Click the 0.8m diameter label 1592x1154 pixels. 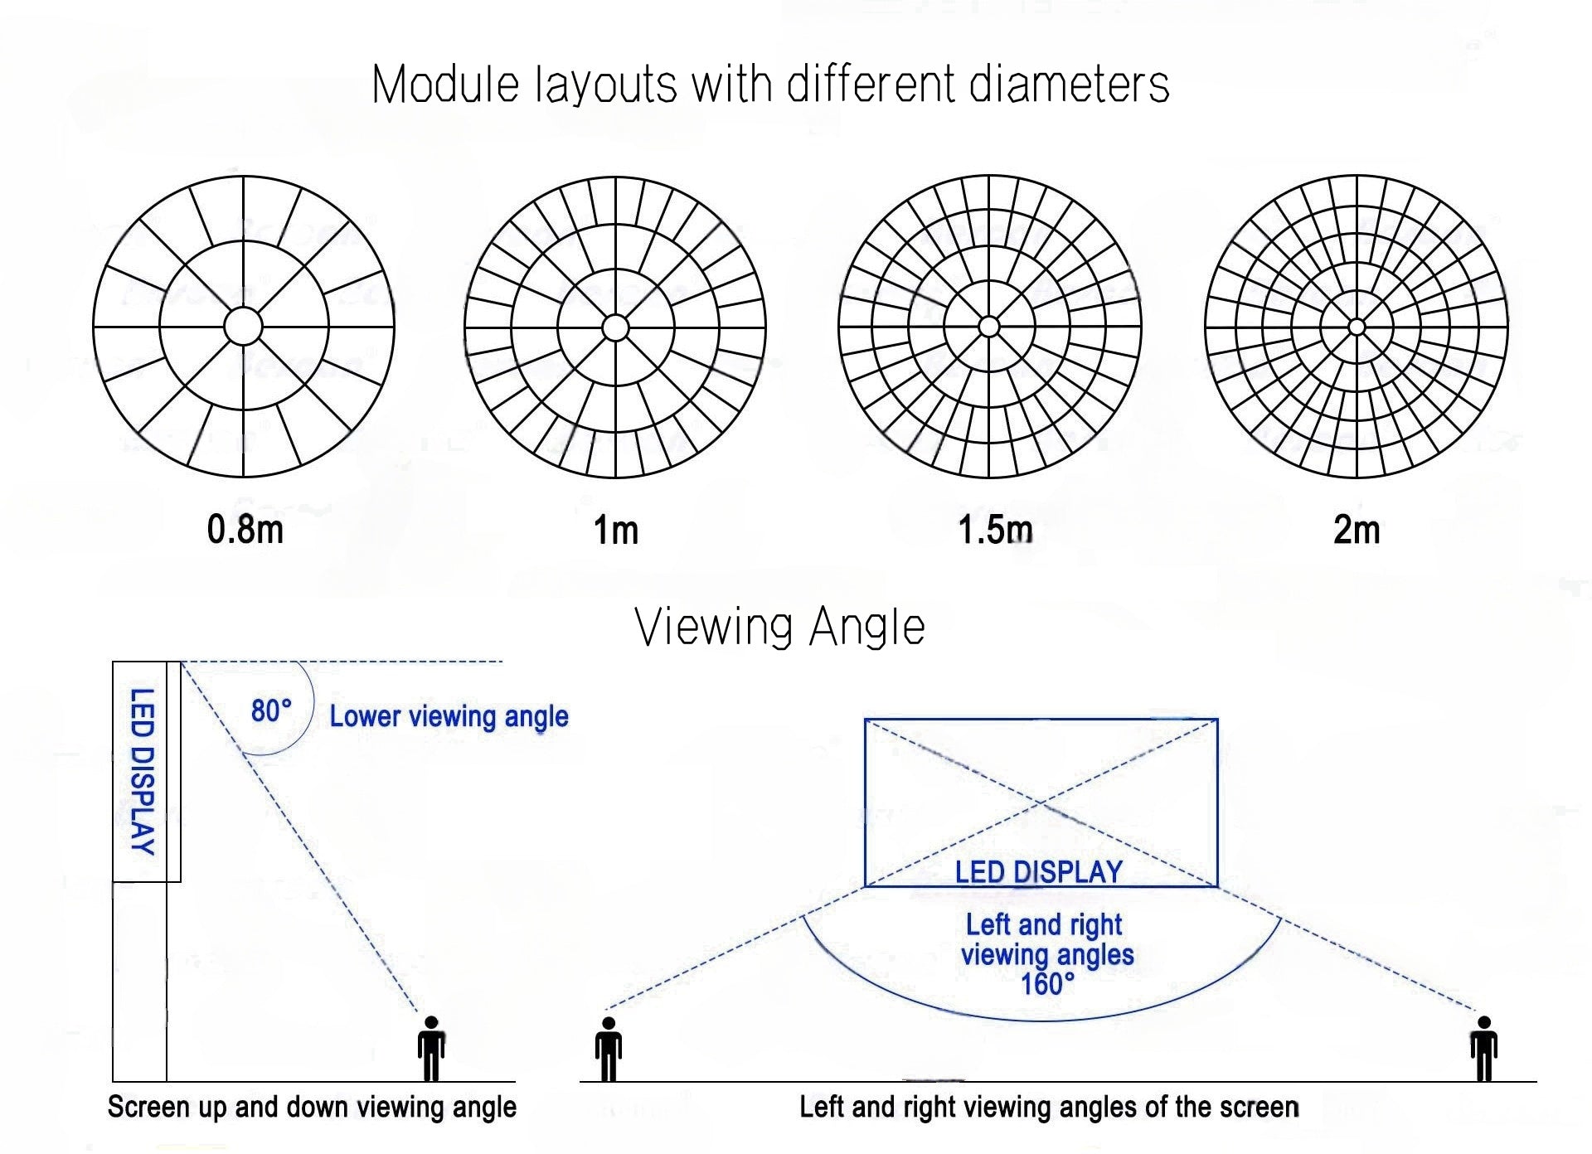[x=245, y=530]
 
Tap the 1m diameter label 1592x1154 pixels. [x=616, y=531]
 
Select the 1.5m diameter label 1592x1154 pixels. [x=995, y=530]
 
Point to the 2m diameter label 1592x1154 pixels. [x=1357, y=530]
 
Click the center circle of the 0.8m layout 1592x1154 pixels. [x=243, y=327]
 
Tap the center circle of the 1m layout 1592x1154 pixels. [x=615, y=327]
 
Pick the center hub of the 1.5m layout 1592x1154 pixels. [x=988, y=327]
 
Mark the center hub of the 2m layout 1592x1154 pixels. [x=1357, y=327]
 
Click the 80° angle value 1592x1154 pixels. [x=271, y=710]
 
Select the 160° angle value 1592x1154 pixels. [x=1047, y=984]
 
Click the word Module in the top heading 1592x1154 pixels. [x=445, y=85]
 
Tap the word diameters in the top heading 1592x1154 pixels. [x=1069, y=85]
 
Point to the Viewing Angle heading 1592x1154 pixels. [x=779, y=627]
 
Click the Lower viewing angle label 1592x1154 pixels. [x=449, y=716]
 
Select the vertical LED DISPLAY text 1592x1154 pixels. [x=143, y=771]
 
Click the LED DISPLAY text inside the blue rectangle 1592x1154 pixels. [x=1038, y=872]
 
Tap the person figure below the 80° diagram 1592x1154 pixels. [x=431, y=1048]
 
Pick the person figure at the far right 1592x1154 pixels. [x=1483, y=1049]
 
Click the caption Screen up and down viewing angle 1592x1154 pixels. [x=312, y=1108]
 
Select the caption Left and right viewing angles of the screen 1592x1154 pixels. [x=1049, y=1108]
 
